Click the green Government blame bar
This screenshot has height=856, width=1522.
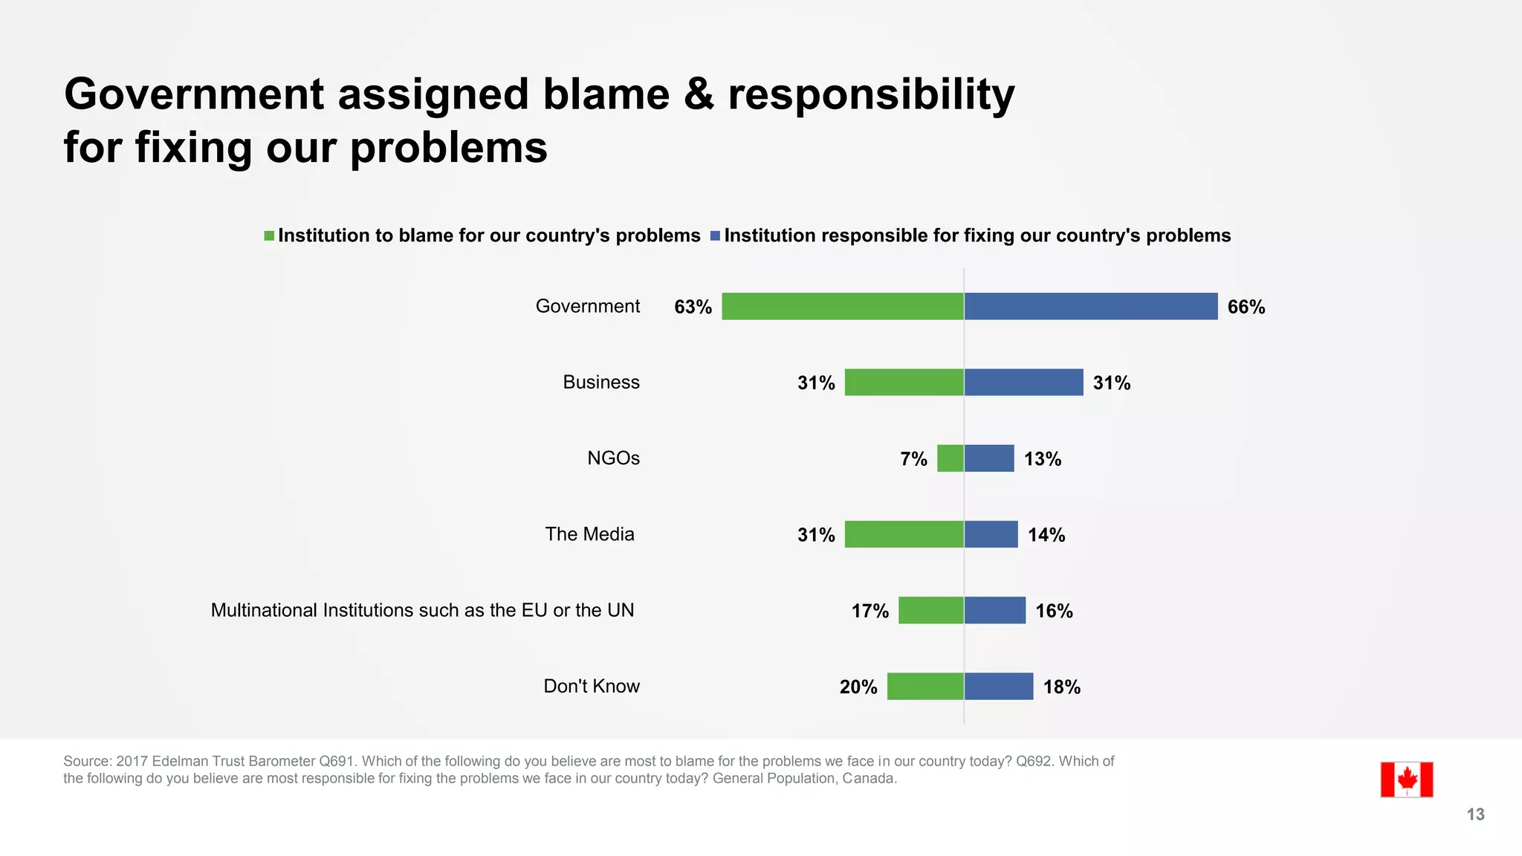pos(842,306)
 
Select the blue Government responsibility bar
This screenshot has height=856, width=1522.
pos(1090,306)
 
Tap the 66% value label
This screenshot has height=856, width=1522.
pos(1246,307)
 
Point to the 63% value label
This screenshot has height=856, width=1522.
pos(693,307)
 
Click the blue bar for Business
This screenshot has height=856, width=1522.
pos(1023,382)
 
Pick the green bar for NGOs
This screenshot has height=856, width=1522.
pos(950,458)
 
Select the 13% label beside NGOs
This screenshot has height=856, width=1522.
pos(1042,459)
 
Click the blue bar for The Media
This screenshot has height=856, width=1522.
pos(991,534)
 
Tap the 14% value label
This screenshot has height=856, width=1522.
pos(1046,535)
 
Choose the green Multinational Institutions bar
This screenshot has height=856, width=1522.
pos(930,610)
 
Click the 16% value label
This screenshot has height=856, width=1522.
pos(1054,611)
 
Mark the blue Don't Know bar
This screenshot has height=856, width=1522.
pos(998,686)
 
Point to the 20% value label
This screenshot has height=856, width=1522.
pos(858,687)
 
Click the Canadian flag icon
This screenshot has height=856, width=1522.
pos(1406,779)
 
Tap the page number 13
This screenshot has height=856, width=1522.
pos(1475,814)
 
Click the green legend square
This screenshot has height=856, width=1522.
pos(269,236)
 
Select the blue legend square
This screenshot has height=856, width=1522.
pos(715,236)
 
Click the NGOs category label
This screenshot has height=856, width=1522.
pos(613,458)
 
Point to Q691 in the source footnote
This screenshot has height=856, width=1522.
pos(338,761)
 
